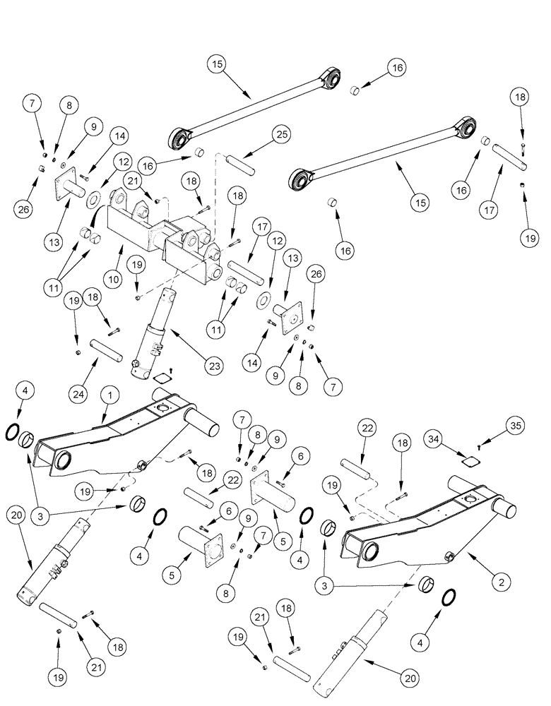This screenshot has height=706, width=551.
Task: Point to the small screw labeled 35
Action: coord(479,445)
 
